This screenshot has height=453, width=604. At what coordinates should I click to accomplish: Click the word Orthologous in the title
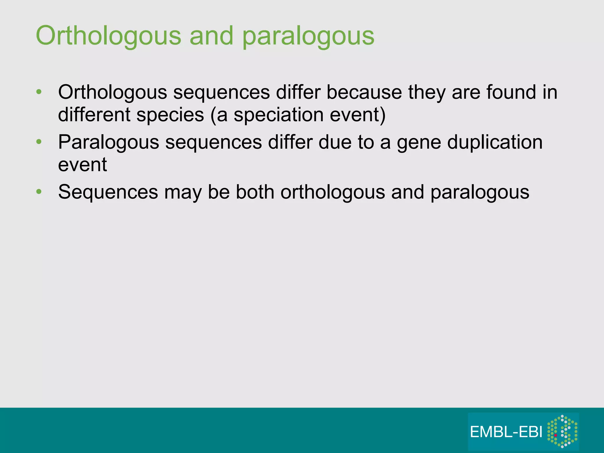tap(108, 36)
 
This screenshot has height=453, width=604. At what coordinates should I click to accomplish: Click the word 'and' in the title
tap(211, 36)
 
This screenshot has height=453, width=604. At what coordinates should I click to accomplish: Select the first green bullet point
tap(39, 92)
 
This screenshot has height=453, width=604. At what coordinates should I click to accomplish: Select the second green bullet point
tap(39, 142)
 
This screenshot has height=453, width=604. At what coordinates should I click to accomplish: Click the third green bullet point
tap(39, 192)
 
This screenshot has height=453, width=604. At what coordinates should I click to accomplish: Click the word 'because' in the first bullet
tap(364, 92)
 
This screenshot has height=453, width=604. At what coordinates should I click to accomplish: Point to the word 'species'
tap(170, 115)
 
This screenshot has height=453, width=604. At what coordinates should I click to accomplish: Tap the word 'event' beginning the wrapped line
tap(82, 165)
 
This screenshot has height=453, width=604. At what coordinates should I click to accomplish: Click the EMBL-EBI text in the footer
tap(506, 432)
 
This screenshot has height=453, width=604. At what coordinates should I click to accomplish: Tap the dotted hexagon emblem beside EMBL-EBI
tap(562, 431)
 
